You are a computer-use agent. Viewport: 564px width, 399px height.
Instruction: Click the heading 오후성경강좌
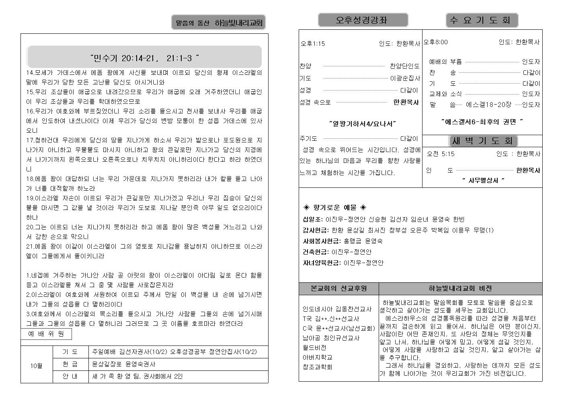click(363, 20)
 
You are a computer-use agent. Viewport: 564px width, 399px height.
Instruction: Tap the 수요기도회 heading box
click(482, 20)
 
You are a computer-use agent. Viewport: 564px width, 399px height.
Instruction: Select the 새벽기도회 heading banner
click(482, 141)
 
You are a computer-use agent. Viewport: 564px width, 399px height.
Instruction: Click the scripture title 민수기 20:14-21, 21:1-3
click(144, 58)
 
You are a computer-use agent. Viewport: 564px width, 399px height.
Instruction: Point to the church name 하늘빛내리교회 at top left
click(238, 23)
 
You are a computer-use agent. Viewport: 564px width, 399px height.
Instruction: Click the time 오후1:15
click(313, 43)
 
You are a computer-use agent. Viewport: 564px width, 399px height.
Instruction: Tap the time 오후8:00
click(436, 42)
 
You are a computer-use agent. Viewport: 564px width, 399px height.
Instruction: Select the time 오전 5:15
click(441, 154)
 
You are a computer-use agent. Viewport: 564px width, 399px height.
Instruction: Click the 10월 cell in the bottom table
click(36, 366)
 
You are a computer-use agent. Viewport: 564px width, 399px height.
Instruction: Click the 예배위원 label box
click(46, 334)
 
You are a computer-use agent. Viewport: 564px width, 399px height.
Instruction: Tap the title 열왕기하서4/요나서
click(362, 124)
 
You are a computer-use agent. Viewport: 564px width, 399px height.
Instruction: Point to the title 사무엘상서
click(483, 181)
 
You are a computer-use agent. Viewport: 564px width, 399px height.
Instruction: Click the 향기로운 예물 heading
click(334, 208)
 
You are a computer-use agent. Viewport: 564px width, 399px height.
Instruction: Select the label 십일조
click(312, 219)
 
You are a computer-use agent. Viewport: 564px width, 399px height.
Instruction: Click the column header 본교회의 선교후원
click(338, 288)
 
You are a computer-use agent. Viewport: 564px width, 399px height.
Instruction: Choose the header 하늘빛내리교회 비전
click(460, 288)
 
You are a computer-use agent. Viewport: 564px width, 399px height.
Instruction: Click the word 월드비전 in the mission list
click(314, 348)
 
